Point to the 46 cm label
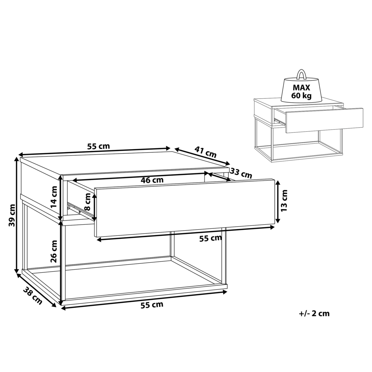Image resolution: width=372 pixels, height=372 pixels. coord(152,180)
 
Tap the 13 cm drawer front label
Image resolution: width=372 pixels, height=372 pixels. coord(285,201)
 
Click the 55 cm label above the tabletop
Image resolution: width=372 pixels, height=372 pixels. coord(99,146)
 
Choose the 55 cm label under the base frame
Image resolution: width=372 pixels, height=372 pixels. coord(152,305)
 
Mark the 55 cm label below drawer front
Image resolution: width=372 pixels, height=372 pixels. coord(211,238)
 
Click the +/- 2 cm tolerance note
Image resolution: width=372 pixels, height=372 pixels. coord(314,314)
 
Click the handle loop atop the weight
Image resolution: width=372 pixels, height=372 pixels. coord(301,74)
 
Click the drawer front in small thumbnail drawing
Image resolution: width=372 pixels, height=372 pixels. coord(324,120)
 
